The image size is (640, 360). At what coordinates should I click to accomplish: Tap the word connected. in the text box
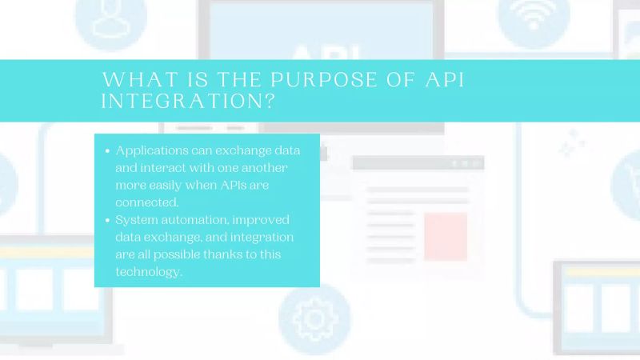148,202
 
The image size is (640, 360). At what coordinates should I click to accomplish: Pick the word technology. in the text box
150,272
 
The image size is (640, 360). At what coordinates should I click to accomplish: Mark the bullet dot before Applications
107,151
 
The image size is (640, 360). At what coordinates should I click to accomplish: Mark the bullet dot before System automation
107,220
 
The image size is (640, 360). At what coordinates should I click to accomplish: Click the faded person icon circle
111,18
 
